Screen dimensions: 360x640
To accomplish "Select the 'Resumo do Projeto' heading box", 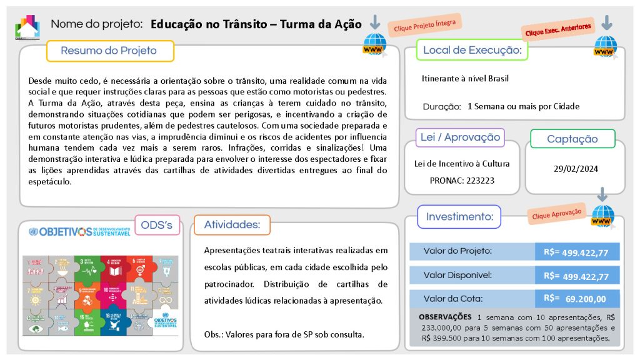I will tap(109, 51).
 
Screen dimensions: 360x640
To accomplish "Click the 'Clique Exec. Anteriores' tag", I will tap(557, 29).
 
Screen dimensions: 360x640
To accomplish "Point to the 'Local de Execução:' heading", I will tap(472, 50).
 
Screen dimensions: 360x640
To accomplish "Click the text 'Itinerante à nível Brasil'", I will tap(465, 79).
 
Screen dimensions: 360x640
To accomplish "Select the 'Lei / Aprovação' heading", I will tap(460, 137).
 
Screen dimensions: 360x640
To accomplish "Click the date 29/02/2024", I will tap(576, 169).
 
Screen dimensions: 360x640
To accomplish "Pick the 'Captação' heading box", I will tap(572, 139).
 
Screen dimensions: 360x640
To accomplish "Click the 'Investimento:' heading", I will tap(459, 217).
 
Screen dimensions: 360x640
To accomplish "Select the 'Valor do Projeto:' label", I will tap(457, 251).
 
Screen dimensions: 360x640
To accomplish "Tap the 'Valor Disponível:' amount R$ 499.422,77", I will tap(577, 276).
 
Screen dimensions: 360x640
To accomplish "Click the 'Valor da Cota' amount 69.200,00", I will tap(577, 299).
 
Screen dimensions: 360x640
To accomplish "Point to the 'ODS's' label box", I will tap(157, 226).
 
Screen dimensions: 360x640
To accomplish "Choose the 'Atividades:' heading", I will tap(232, 225).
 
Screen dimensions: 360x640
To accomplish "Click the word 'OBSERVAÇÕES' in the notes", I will tap(445, 317).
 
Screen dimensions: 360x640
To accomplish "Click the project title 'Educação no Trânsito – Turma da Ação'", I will tap(256, 24).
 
